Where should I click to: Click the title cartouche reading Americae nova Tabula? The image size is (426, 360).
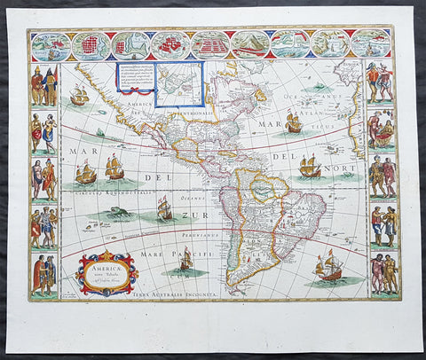coord(106,272)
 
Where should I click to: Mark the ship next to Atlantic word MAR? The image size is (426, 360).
coord(294,122)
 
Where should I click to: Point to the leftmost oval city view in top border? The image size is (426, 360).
coord(50,45)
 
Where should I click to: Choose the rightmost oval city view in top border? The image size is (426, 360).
coord(370,43)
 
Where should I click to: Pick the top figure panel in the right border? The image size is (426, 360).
coord(381,83)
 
